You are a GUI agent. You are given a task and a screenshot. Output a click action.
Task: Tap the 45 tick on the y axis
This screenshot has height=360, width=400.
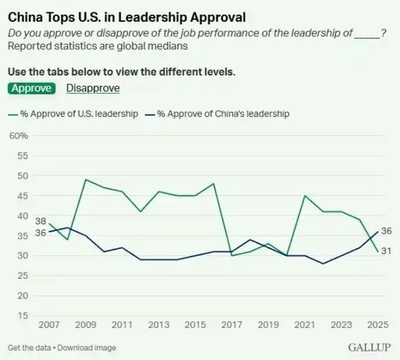(20, 195)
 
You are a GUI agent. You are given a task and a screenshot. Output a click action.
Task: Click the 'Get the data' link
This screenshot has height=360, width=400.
(27, 347)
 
